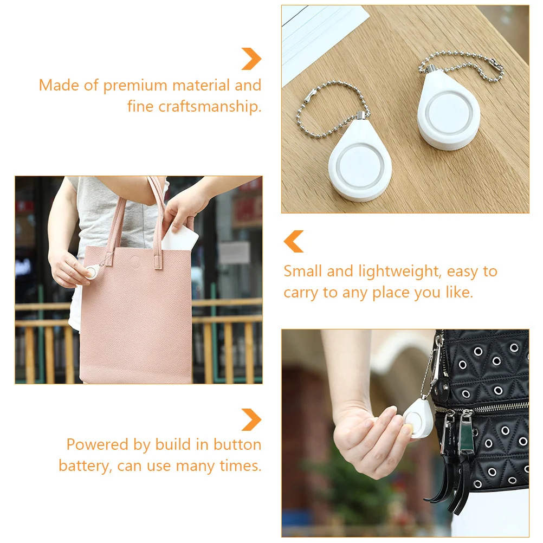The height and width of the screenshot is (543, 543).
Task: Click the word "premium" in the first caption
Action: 135,86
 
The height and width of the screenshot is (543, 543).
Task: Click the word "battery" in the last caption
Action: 84,466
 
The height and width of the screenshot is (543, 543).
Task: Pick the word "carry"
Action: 301,293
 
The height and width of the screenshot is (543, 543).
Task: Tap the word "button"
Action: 237,445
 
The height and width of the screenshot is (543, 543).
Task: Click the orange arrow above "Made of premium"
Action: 251,59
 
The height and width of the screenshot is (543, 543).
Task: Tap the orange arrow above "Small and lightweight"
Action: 294,241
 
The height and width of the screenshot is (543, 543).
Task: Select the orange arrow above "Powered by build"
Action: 251,419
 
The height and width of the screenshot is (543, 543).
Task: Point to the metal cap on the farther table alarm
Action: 431,69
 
